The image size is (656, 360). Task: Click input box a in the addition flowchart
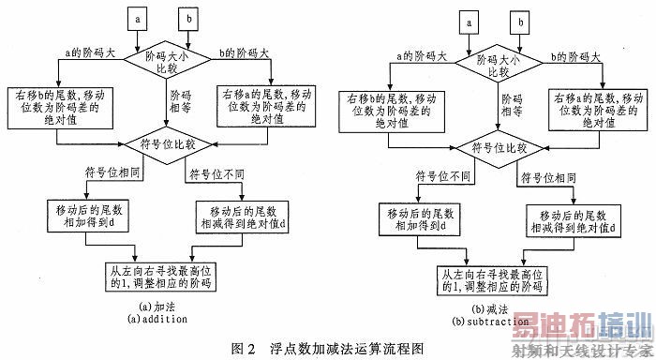(140, 18)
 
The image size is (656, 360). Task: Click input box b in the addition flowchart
(190, 18)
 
